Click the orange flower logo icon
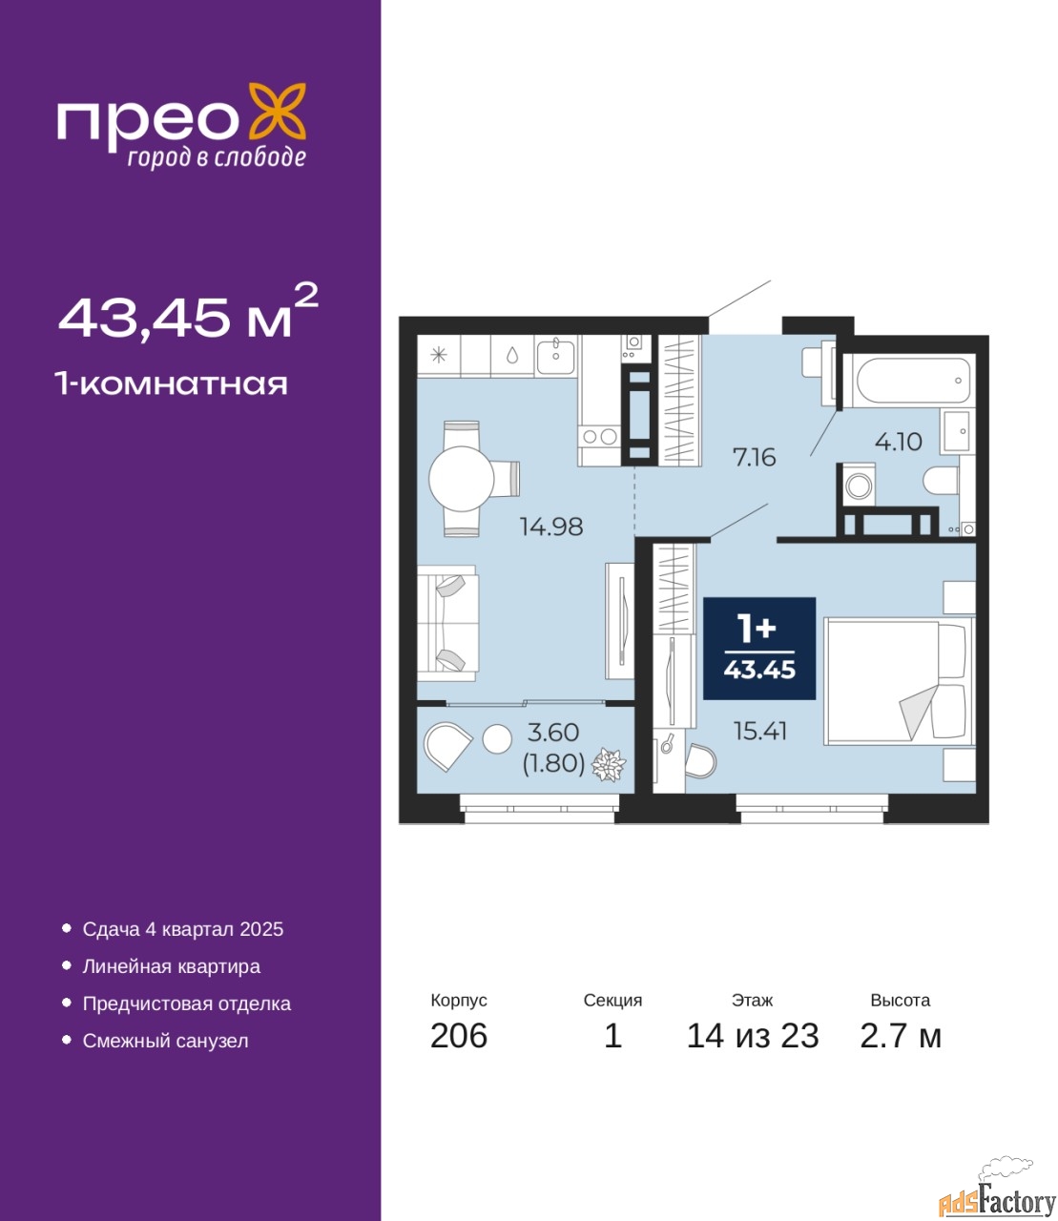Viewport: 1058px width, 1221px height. click(x=277, y=112)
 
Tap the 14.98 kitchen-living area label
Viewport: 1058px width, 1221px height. click(x=551, y=527)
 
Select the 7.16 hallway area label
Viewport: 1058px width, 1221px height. click(x=755, y=458)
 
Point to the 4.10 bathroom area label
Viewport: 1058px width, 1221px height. click(x=898, y=442)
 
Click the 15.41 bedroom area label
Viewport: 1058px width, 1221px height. click(x=760, y=732)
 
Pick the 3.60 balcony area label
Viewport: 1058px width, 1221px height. click(x=553, y=732)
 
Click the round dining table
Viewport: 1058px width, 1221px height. click(x=461, y=479)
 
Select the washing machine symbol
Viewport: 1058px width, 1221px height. click(x=856, y=486)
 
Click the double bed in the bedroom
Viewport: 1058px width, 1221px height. click(x=899, y=681)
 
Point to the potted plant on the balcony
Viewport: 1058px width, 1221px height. click(x=608, y=765)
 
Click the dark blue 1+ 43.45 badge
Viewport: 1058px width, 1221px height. click(x=759, y=648)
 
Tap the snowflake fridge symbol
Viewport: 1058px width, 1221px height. click(x=438, y=355)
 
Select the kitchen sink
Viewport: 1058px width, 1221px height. click(x=555, y=355)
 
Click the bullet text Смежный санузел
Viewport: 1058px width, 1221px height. click(x=165, y=1041)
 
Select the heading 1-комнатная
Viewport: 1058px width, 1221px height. click(x=172, y=384)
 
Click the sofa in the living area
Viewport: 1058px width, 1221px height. click(x=447, y=623)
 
